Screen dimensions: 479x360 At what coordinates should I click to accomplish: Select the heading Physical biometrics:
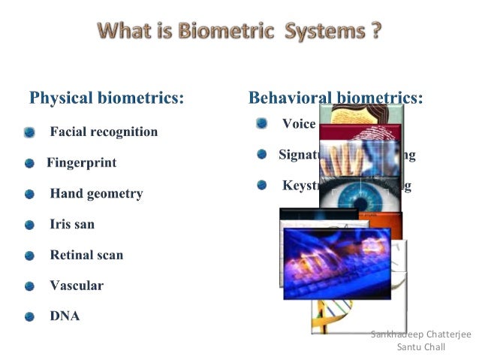point(107,98)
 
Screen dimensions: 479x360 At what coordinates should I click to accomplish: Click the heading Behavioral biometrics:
point(335,98)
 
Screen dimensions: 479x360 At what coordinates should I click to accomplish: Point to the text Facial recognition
point(104,132)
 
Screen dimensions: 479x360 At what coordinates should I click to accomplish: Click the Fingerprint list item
point(81,162)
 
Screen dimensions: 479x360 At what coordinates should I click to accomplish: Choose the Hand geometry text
point(96,193)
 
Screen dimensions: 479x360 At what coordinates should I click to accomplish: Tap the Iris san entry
point(72,224)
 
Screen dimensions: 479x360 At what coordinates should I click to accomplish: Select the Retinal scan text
point(86,255)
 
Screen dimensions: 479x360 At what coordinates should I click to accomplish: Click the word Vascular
point(77,286)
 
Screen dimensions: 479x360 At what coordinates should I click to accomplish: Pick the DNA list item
point(65,316)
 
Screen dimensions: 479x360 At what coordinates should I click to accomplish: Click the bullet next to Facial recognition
point(29,132)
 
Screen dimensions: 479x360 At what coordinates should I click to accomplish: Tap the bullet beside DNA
point(29,316)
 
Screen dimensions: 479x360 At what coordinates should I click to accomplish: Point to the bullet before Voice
point(261,123)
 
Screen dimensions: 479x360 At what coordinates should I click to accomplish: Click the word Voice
point(298,124)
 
